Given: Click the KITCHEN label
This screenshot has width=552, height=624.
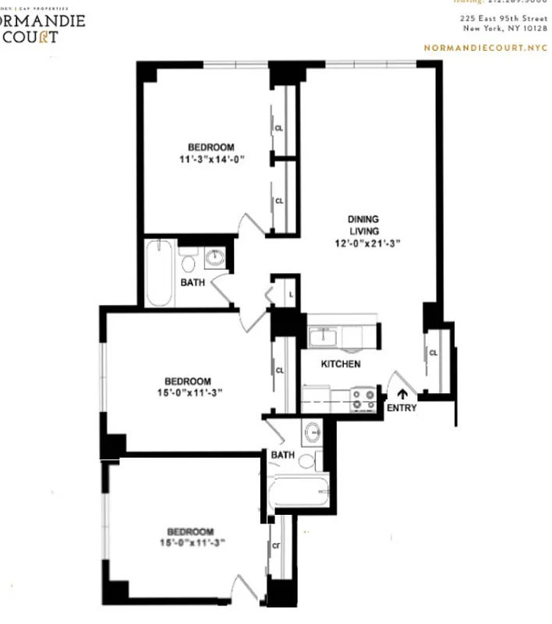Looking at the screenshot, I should click(341, 364).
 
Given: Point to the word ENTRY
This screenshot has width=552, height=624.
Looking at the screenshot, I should click(402, 408).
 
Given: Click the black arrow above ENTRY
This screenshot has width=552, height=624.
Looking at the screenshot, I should click(402, 394).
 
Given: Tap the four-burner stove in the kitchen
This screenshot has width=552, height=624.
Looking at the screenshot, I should click(363, 399).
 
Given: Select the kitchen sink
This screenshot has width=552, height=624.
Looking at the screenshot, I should click(322, 338).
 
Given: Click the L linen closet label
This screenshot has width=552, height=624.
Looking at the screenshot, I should click(290, 294).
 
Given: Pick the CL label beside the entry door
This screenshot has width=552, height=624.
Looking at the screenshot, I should click(433, 353).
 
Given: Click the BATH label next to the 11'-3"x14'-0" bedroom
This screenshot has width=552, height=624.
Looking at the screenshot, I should click(193, 282).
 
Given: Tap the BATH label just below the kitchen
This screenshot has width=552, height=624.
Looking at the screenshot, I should click(282, 455).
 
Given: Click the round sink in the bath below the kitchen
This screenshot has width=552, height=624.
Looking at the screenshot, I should click(312, 431).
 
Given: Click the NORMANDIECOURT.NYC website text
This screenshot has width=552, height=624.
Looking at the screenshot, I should click(486, 48).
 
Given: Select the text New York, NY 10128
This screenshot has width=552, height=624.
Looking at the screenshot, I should click(504, 28).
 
